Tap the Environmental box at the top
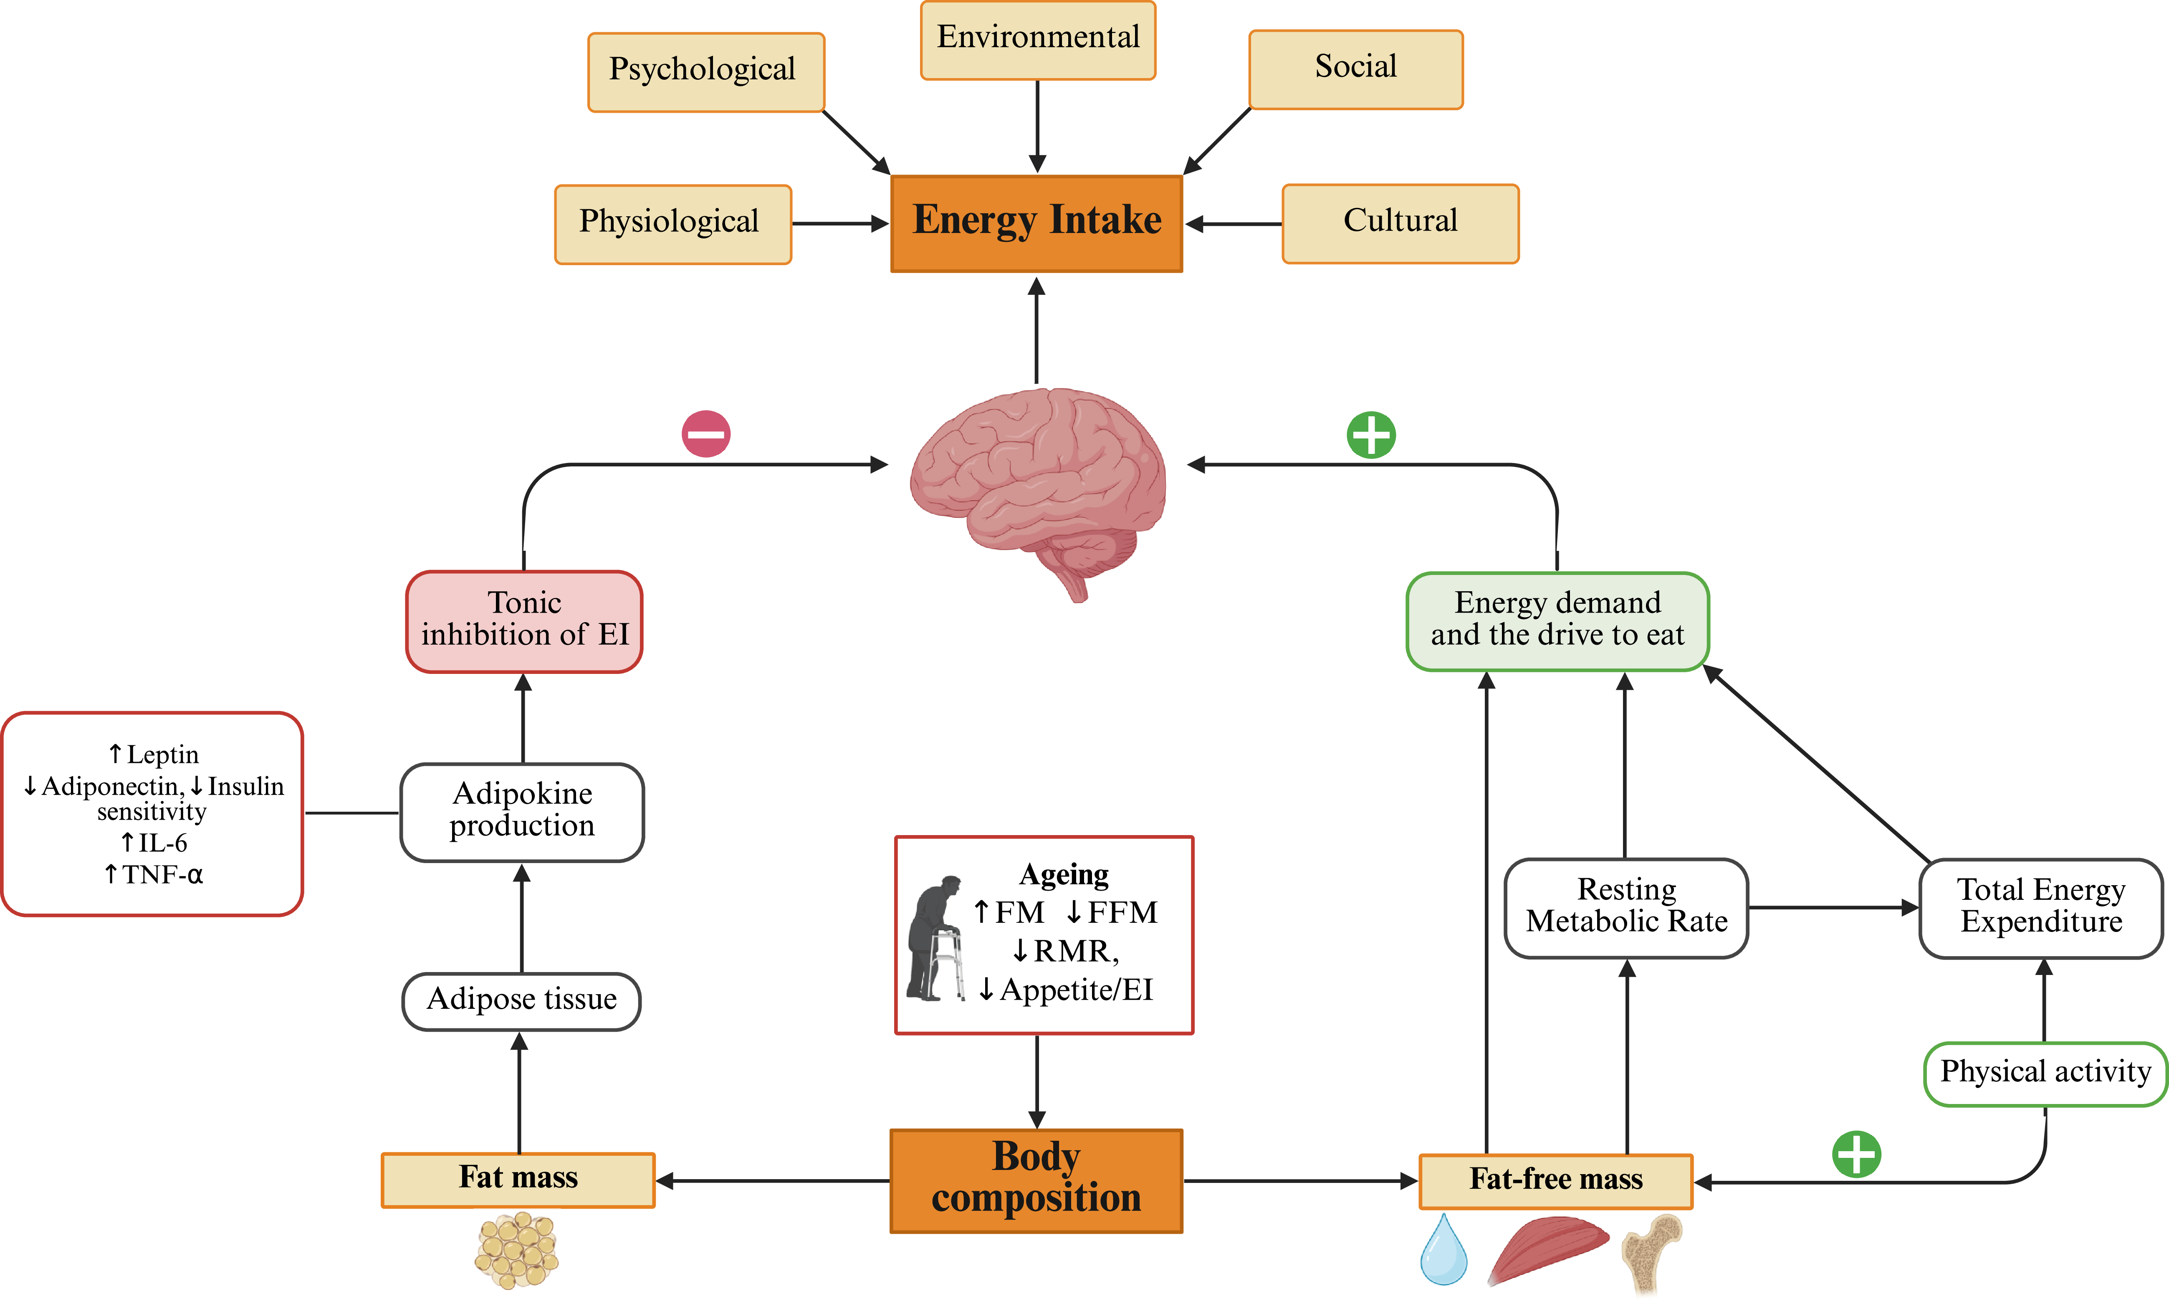[x=1037, y=40]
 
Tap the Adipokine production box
[x=522, y=811]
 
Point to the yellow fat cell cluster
[x=518, y=1251]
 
